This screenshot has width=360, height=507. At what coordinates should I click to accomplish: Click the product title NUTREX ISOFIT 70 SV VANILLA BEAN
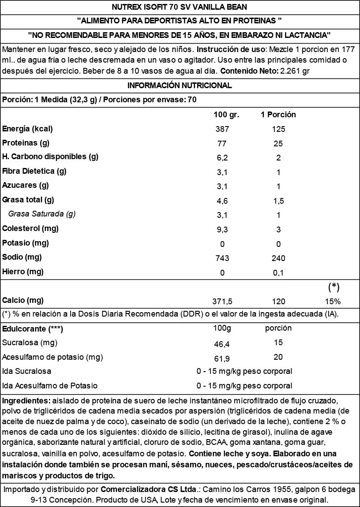180,7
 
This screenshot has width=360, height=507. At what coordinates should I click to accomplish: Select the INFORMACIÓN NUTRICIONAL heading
180,85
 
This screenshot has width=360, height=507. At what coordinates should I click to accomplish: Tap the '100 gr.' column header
226,115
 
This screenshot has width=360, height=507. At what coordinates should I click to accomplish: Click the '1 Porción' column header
278,115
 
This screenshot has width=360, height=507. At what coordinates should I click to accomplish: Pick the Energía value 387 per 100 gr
222,129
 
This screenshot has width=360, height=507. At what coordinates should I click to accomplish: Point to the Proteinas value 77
222,144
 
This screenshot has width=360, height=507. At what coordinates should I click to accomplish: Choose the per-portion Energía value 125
278,129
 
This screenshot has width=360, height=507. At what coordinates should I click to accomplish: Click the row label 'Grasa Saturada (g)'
42,214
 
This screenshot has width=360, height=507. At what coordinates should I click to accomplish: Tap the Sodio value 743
222,258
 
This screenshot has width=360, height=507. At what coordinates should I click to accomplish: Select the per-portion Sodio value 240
278,258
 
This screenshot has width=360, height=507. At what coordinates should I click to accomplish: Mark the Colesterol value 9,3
222,230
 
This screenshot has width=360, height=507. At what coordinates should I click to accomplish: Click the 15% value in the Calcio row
333,302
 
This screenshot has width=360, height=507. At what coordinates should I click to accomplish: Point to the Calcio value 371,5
222,302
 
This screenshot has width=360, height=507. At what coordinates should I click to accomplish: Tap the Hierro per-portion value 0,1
278,273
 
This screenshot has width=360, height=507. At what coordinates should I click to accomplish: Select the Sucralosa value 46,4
222,343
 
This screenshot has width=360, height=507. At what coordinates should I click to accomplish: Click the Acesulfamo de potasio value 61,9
222,358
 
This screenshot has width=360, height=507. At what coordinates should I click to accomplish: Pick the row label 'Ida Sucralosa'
26,371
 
